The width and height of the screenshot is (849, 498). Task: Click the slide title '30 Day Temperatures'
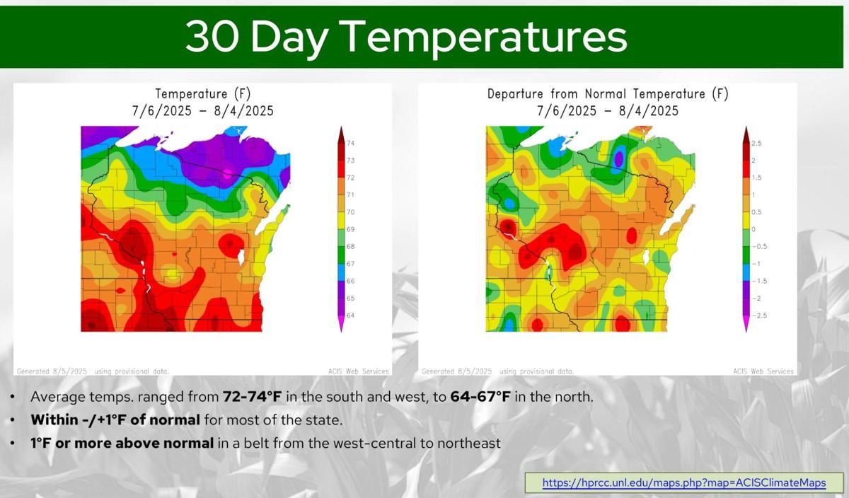406,37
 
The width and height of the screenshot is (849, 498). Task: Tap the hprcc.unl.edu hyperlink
684,482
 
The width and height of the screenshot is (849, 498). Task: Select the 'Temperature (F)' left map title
203,93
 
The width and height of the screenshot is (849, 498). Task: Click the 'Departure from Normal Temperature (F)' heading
608,93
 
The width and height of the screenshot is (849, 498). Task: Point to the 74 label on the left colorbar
351,144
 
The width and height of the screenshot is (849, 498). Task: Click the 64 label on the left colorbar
351,315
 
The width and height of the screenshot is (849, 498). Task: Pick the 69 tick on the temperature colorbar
351,229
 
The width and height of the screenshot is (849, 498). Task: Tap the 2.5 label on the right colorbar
756,144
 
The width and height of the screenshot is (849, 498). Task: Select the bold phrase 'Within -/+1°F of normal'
115,419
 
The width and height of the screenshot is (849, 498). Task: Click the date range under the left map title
203,111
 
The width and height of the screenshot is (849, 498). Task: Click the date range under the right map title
608,111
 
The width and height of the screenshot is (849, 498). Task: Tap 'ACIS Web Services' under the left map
359,371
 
